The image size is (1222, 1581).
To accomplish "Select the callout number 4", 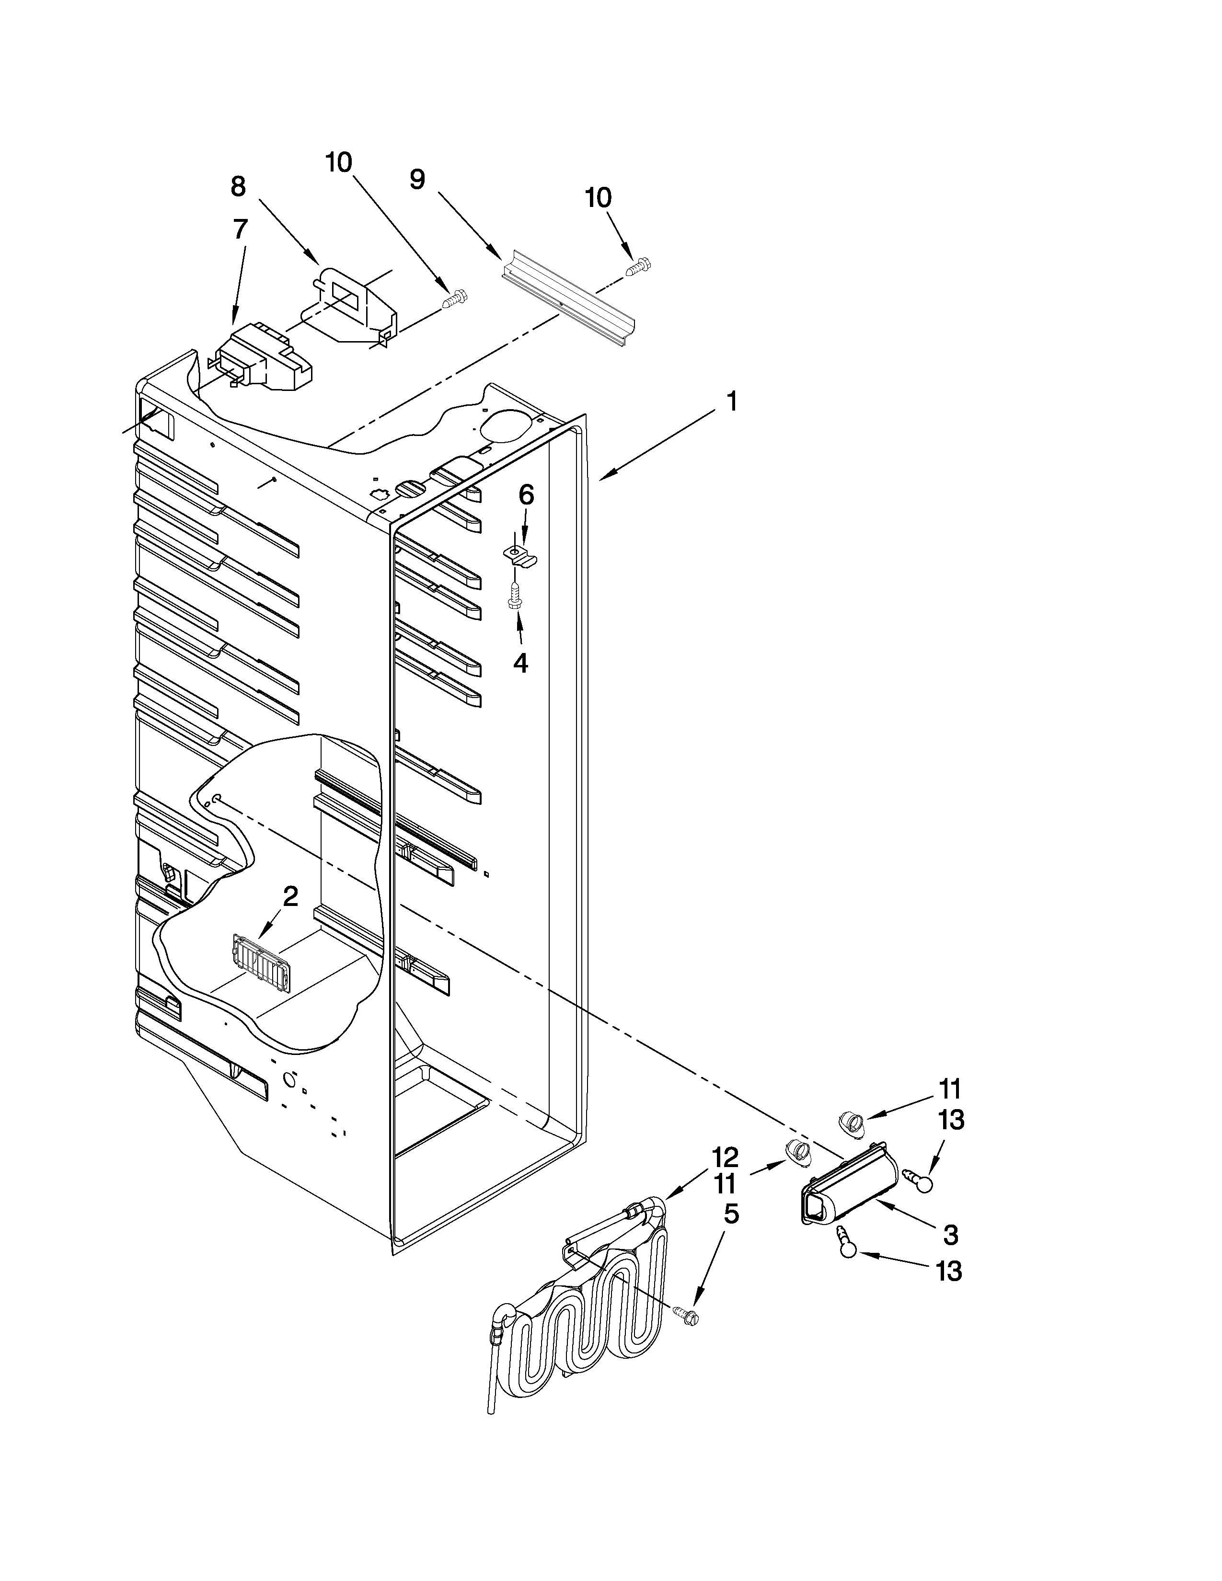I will pos(520,663).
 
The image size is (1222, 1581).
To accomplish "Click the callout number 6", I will pos(526,495).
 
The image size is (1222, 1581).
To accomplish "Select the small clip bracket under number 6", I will pos(520,556).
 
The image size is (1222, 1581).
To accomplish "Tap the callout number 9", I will pos(417,180).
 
